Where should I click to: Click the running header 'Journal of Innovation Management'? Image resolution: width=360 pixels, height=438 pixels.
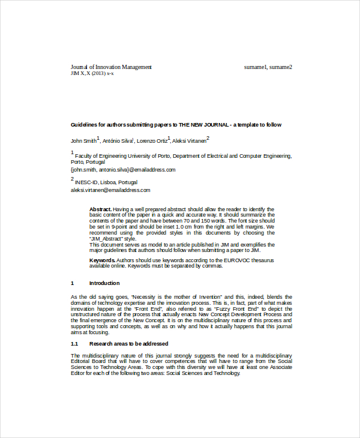coord(111,67)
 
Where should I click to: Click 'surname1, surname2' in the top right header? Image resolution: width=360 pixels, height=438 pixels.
coord(268,67)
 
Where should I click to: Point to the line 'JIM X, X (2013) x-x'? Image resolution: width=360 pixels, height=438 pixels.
coord(92,73)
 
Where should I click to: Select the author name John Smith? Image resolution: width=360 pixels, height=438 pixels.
coord(83,141)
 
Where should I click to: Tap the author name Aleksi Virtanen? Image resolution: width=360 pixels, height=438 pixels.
coord(188,141)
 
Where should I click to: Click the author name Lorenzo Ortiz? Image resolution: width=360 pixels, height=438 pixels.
coord(152,141)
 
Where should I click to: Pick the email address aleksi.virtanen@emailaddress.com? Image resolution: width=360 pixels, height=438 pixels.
coord(110,190)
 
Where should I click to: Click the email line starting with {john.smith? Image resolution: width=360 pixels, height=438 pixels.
coord(123,170)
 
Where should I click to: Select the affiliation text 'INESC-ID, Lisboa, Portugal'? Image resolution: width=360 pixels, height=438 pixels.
coord(106,182)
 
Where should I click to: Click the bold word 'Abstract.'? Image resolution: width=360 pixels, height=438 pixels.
coord(101,208)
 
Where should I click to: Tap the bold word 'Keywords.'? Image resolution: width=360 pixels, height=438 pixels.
coord(102,260)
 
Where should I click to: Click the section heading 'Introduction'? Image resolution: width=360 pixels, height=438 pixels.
coord(104,283)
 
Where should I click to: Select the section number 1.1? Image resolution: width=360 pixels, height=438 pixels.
coord(74,344)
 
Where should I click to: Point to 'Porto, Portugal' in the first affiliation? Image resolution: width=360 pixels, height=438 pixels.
coord(88,162)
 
